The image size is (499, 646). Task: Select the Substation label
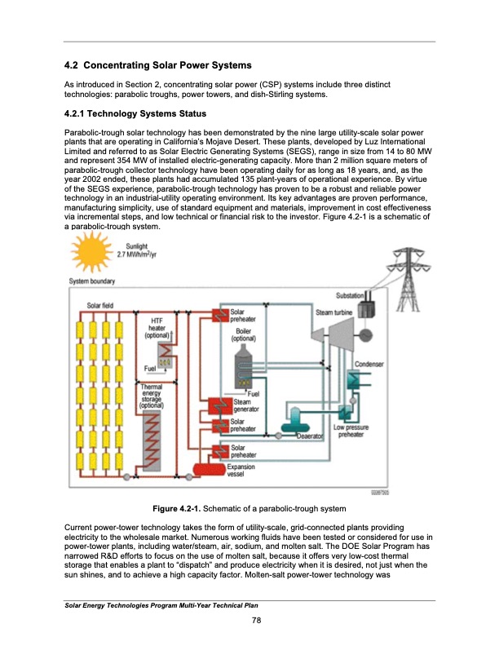(350, 295)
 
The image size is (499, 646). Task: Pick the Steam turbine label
(334, 312)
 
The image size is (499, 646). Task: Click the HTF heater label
(156, 326)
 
